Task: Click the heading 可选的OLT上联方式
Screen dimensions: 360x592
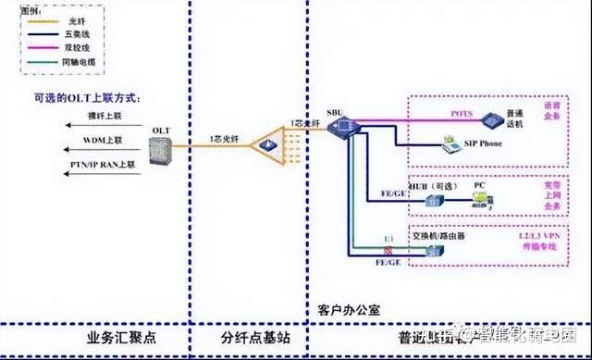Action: click(x=92, y=98)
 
